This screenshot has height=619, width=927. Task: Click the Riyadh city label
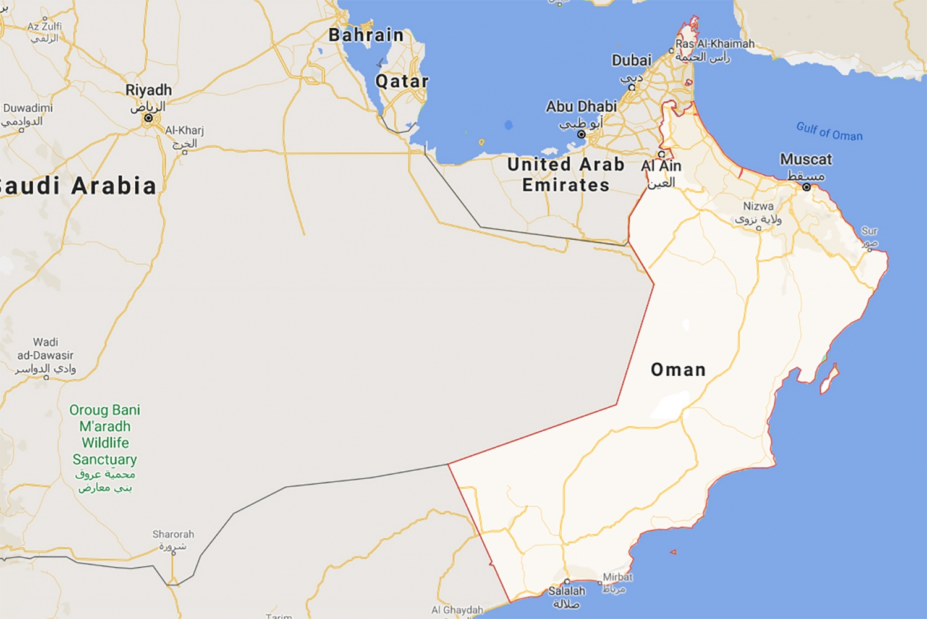point(148,90)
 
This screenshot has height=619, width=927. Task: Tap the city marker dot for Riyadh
point(148,117)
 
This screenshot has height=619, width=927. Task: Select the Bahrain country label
point(366,35)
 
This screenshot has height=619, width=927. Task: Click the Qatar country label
point(402,81)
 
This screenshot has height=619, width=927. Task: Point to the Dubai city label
point(632,61)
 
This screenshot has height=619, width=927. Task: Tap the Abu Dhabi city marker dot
point(581,134)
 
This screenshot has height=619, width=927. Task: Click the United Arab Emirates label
point(565,174)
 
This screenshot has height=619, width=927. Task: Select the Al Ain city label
point(661,166)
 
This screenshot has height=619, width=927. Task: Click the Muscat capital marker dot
point(806,187)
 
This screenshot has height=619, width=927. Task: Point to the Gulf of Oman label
point(829,132)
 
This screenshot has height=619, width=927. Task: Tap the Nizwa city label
point(758,206)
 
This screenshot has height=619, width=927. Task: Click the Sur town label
point(870,231)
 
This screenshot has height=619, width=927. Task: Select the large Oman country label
point(678,369)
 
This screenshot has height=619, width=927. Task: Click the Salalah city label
point(567,591)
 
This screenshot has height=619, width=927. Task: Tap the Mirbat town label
point(617,577)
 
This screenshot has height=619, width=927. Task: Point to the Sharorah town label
point(173,534)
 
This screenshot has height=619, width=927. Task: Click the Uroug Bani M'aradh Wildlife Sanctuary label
point(105,435)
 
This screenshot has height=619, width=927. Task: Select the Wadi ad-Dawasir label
point(45,349)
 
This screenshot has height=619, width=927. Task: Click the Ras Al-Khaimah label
point(714,44)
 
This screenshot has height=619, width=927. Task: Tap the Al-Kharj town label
point(184,130)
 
